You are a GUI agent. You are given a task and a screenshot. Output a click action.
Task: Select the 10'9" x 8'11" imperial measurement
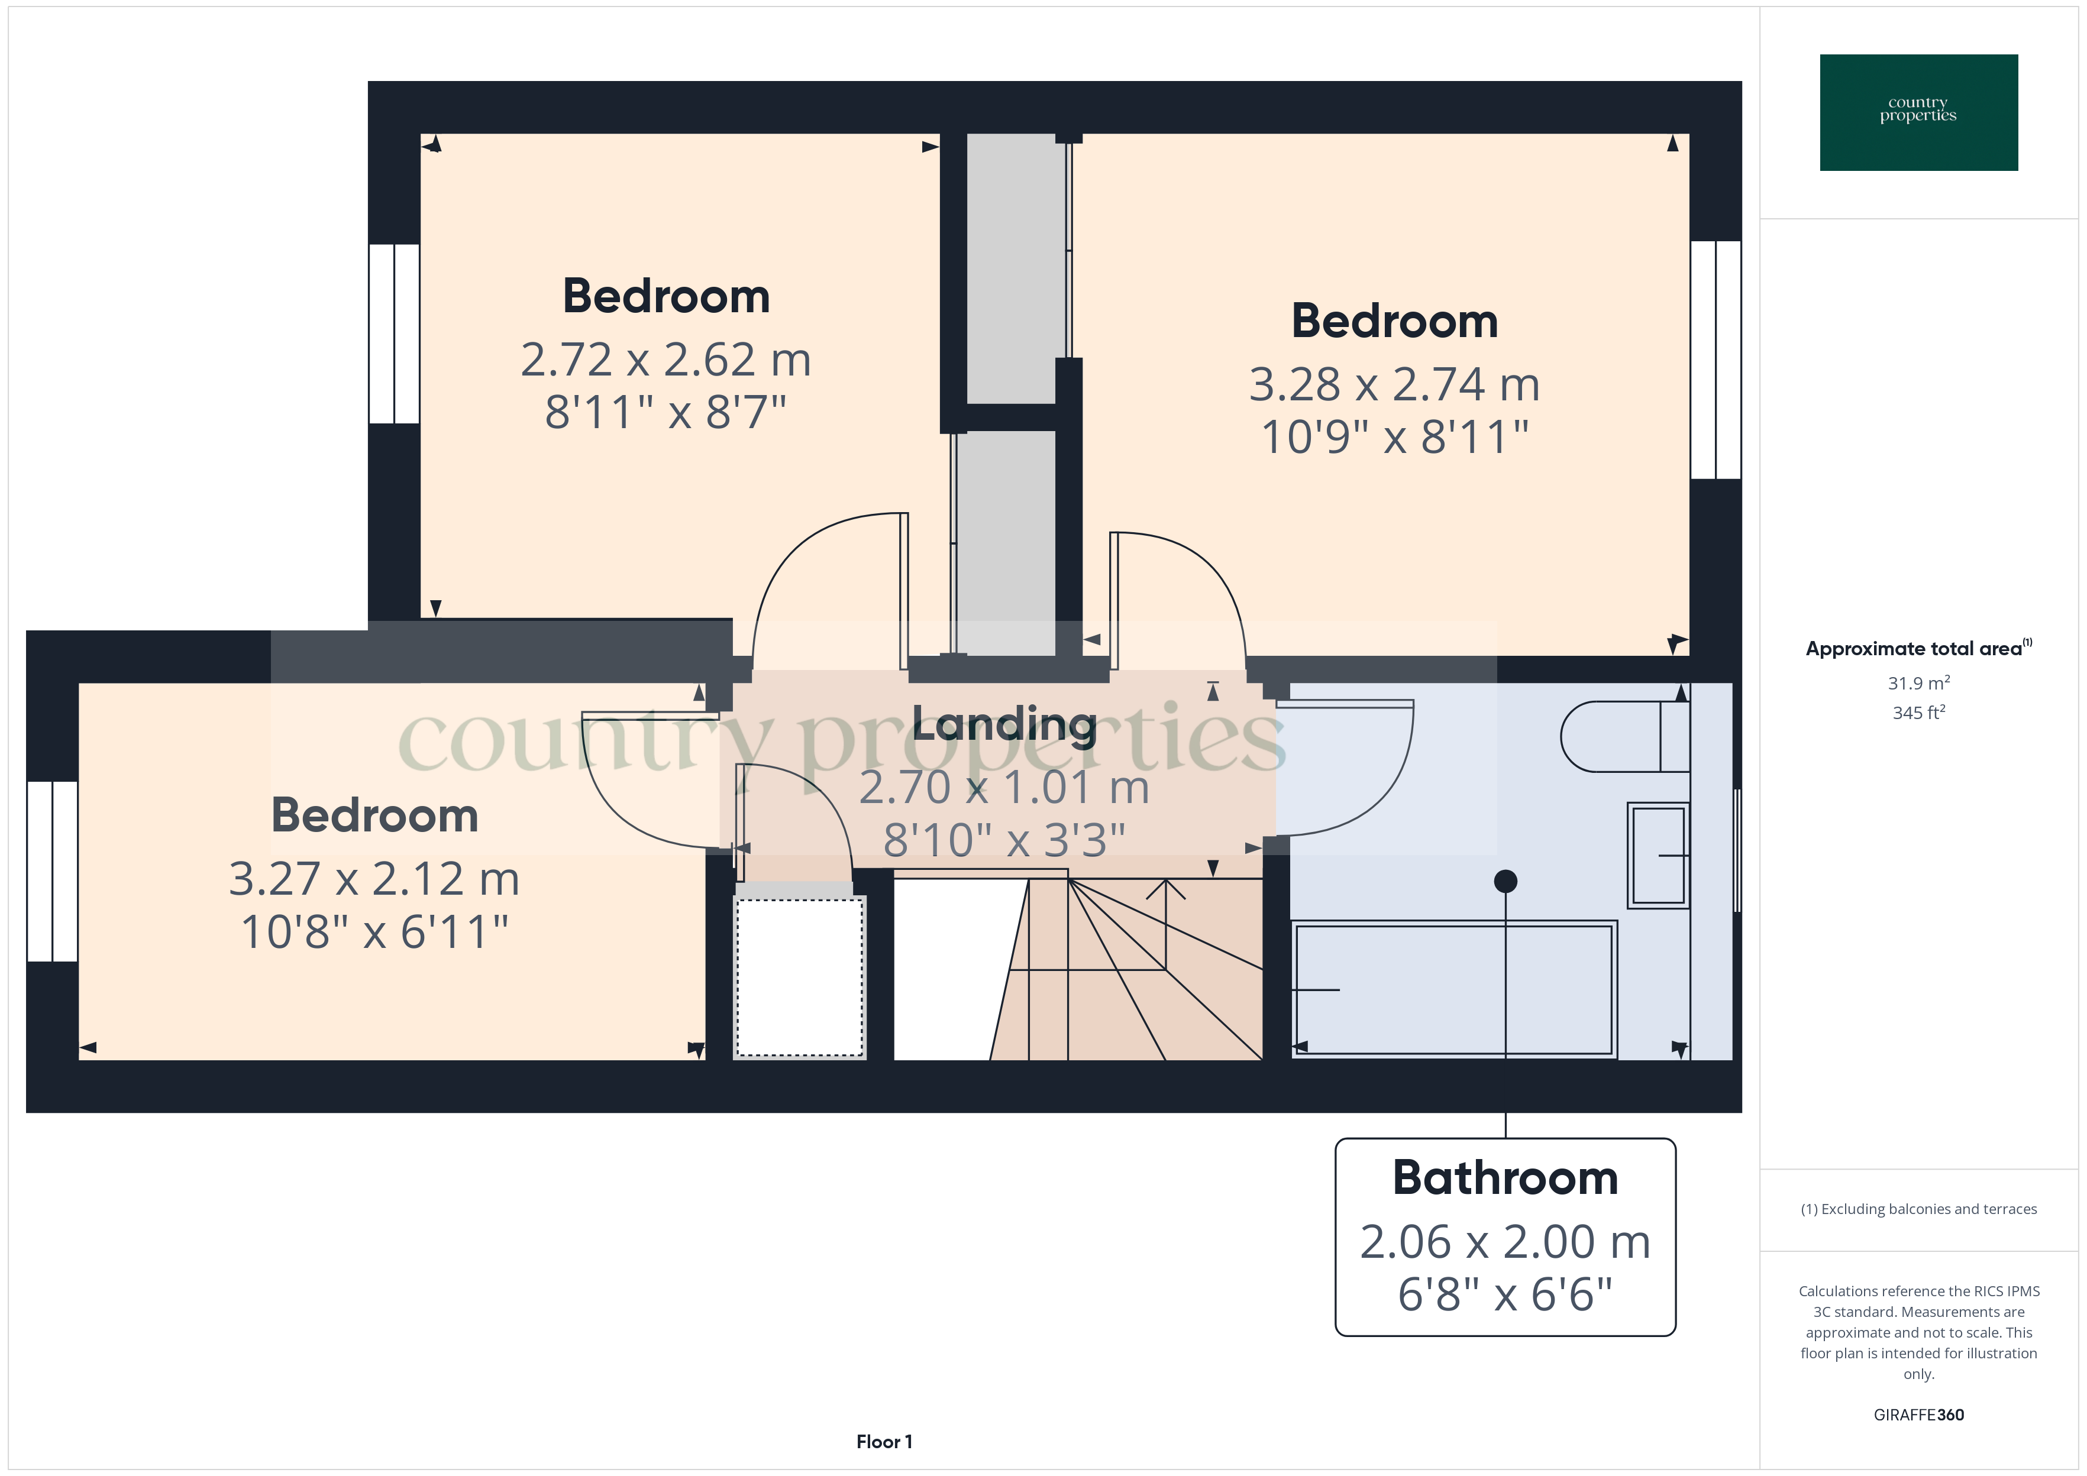1394,437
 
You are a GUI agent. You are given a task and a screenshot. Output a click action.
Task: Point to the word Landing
1004,725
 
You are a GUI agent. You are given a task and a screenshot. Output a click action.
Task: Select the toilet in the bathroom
1624,736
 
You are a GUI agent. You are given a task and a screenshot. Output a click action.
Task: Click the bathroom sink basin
1658,855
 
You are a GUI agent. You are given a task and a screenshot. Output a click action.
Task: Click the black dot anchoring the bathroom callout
1506,881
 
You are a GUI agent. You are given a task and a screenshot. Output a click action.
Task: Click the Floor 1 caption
884,1442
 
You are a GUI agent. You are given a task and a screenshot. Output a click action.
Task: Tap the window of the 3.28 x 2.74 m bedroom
1716,360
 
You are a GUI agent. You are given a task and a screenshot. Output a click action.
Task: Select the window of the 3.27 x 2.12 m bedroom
52,870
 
